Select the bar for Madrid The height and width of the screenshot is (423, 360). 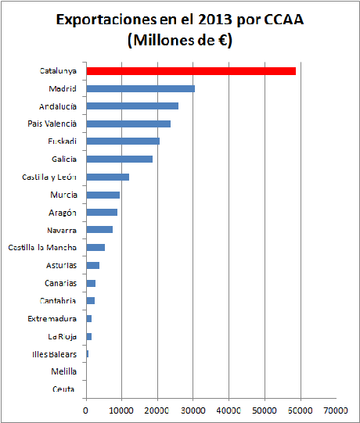pos(140,88)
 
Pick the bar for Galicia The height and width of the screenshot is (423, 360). pos(119,159)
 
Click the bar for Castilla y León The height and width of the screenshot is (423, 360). pos(107,177)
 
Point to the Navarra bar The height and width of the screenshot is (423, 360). pos(99,230)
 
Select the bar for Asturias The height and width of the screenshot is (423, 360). pos(92,265)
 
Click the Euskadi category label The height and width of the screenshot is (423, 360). pos(62,142)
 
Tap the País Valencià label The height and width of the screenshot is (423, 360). pos(52,124)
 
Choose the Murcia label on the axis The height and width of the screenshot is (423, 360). pos(63,195)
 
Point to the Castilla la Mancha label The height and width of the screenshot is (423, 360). pos(42,248)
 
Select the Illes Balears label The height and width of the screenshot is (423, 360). pos(49,354)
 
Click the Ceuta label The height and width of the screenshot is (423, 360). pos(64,389)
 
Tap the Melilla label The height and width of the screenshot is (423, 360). pos(63,371)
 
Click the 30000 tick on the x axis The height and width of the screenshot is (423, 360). pos(193,409)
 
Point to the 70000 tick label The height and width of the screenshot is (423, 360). pos(336,409)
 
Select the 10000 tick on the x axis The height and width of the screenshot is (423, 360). pos(121,409)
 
